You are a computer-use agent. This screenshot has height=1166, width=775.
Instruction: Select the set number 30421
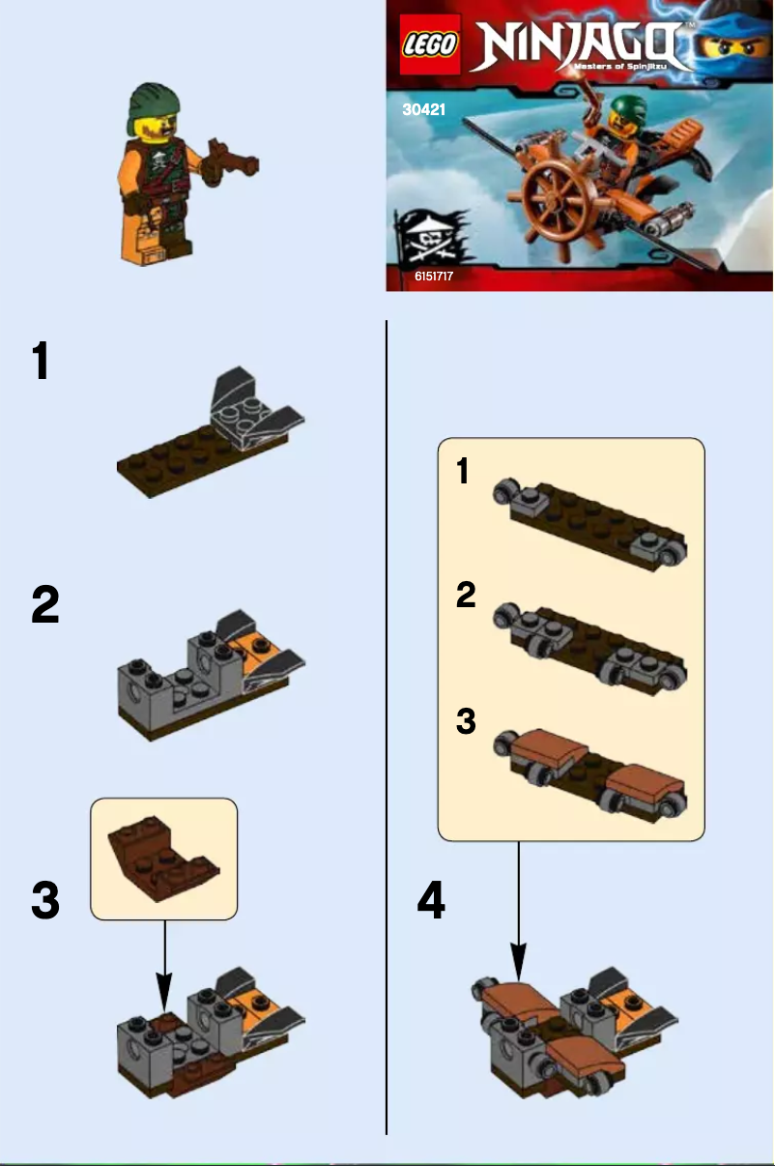[x=424, y=110]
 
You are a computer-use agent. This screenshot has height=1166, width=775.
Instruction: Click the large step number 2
[x=45, y=606]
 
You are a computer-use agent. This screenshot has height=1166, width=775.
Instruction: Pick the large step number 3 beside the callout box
[x=45, y=902]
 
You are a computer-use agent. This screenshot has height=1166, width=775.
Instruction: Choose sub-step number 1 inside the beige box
[x=464, y=472]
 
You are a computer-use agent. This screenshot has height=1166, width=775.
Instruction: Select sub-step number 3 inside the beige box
[x=466, y=721]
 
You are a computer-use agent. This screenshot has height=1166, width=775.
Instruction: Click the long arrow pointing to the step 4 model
[x=519, y=909]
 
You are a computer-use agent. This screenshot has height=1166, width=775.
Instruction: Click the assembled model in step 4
[x=570, y=1035]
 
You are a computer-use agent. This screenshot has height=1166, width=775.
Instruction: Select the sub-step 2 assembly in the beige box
[x=589, y=648]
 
